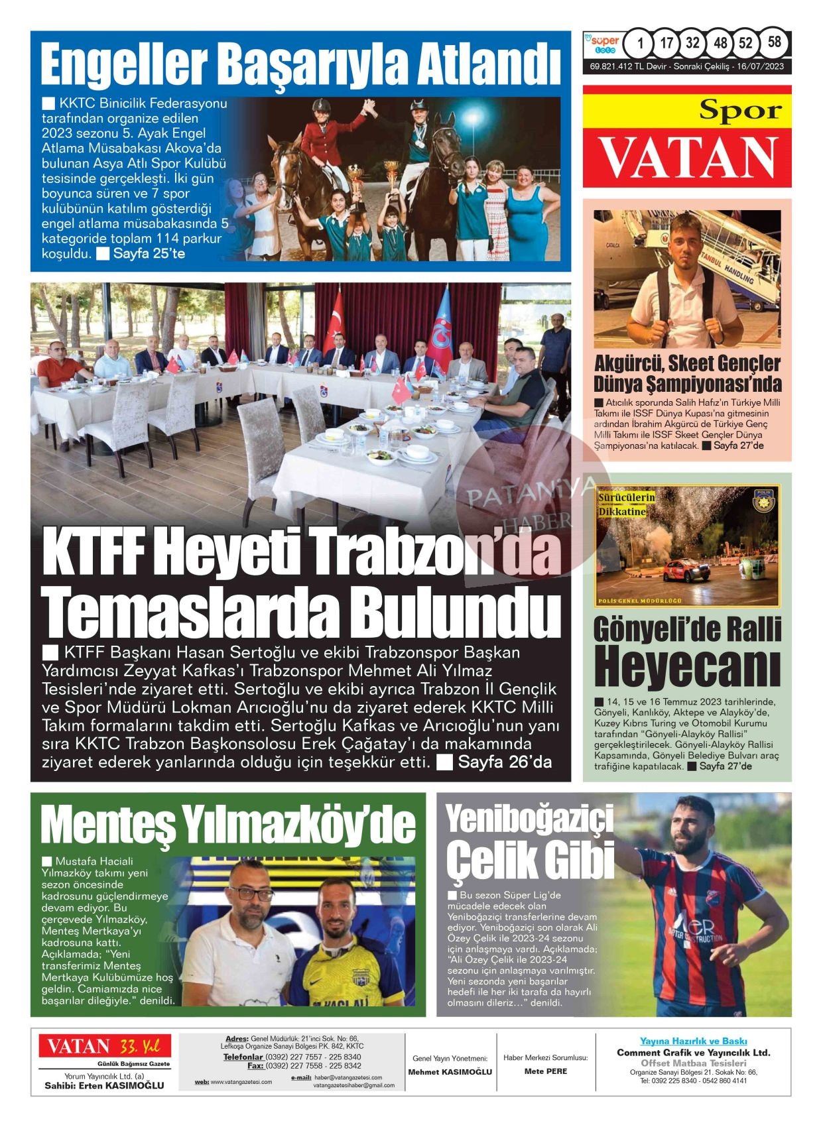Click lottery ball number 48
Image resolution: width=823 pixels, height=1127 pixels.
[x=720, y=44]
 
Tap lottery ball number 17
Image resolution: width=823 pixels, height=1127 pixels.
[x=666, y=44]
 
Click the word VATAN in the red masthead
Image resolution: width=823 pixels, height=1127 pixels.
[x=688, y=156]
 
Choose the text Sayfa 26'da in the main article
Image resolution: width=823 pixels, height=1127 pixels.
[x=505, y=762]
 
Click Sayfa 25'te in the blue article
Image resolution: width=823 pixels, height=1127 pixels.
[x=149, y=254]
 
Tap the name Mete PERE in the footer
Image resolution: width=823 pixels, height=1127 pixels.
[x=545, y=1071]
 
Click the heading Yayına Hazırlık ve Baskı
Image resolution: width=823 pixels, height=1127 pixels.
[x=693, y=1041]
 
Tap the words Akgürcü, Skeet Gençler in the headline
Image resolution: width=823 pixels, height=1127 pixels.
[x=687, y=363]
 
